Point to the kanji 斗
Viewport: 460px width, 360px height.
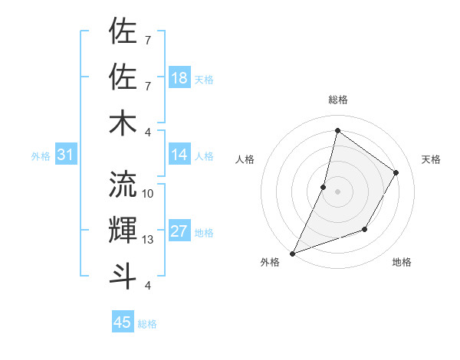(x=123, y=275)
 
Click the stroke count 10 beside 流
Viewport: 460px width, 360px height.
(x=148, y=193)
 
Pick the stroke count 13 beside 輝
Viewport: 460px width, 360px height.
(x=148, y=240)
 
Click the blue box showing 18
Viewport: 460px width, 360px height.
(x=179, y=77)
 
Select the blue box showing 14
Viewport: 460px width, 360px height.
(x=179, y=155)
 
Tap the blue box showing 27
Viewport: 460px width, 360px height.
(x=179, y=231)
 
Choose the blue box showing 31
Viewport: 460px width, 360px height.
(x=65, y=155)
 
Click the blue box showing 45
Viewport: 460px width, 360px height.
(x=123, y=322)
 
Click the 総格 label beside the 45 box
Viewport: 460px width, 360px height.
(x=147, y=324)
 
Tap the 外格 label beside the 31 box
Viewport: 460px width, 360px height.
(x=41, y=156)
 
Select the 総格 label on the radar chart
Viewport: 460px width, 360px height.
(x=337, y=100)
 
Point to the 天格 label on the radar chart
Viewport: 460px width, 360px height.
(x=431, y=159)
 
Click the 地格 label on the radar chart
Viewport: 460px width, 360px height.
(x=402, y=262)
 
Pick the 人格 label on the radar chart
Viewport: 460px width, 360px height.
(x=245, y=159)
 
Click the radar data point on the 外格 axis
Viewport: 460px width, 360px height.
(x=292, y=253)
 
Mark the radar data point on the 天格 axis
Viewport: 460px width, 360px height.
(x=396, y=173)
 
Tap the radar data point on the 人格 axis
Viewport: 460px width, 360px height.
(x=324, y=187)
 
